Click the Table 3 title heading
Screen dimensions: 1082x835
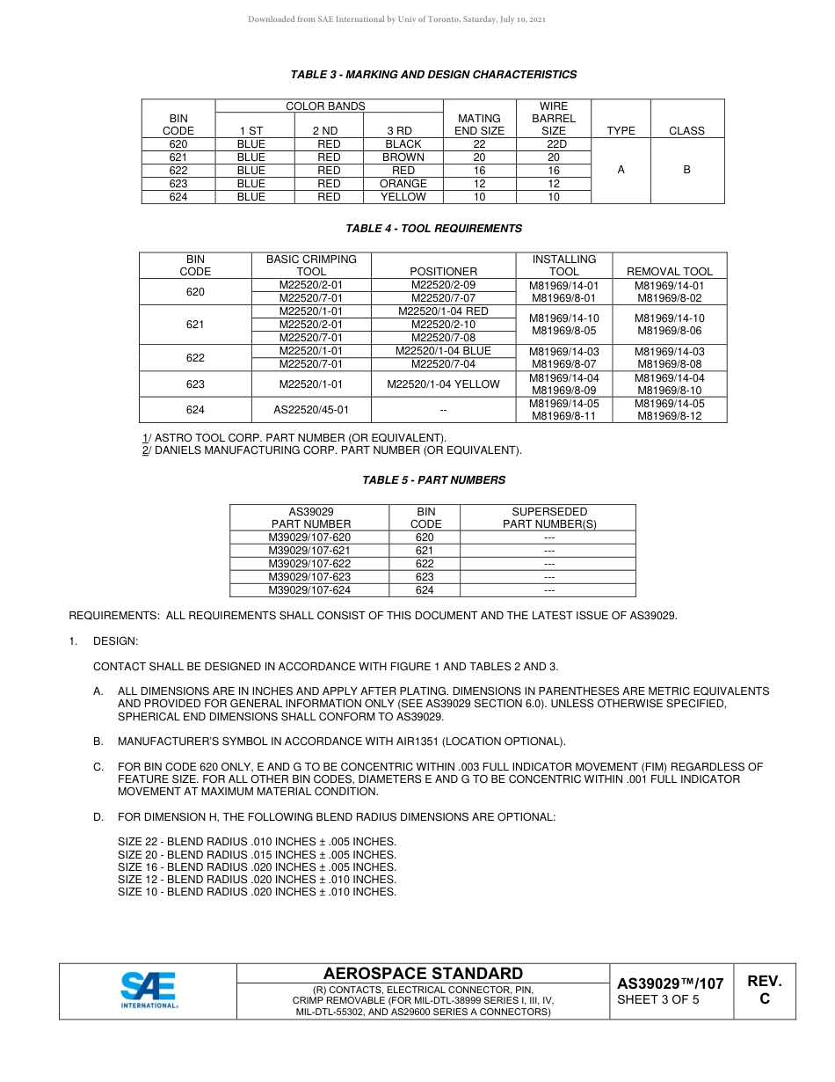pos(433,75)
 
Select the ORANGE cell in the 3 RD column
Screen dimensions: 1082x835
pos(403,184)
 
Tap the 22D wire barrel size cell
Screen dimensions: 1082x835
pos(554,144)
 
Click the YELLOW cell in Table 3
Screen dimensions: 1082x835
pos(403,197)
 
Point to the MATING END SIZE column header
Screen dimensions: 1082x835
pos(479,124)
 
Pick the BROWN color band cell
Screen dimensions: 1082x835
pos(403,157)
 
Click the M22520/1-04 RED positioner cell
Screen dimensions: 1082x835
pos(443,311)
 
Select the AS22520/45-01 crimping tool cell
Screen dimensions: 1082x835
pos(311,410)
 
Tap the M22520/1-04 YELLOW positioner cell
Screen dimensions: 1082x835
pos(443,384)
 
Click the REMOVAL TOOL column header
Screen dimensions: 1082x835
pos(670,272)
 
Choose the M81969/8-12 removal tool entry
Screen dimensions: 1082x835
pos(670,416)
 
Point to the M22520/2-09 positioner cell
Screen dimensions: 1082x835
pos(443,285)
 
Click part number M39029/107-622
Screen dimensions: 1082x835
pos(309,564)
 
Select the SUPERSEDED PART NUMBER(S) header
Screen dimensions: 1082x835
pos(549,517)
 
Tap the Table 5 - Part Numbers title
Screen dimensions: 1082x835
pos(433,480)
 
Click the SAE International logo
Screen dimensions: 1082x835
pos(149,991)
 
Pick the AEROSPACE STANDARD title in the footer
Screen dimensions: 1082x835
pos(423,974)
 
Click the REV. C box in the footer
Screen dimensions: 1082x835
pos(764,991)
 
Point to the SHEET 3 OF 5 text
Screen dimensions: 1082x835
pos(658,1000)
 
